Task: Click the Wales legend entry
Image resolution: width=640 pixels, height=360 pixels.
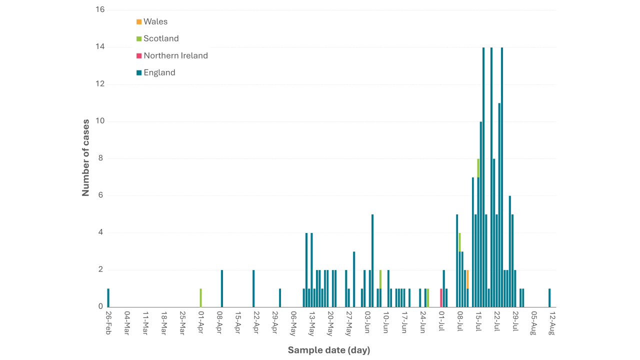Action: (152, 21)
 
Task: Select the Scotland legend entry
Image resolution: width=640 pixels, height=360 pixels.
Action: (157, 38)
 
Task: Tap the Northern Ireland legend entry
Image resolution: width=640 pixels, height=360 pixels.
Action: (172, 55)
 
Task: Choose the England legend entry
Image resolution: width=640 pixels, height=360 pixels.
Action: (156, 72)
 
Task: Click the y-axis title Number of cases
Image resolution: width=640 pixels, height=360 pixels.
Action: (85, 157)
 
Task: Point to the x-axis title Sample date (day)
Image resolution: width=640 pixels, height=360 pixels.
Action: (329, 350)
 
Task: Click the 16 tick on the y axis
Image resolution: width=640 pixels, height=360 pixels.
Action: (100, 9)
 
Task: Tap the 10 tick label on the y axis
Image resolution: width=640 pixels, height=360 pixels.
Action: (100, 121)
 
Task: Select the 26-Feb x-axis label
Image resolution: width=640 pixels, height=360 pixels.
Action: (108, 322)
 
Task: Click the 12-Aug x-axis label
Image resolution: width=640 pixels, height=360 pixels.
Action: (552, 323)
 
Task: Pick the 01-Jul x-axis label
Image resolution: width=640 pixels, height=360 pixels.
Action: (441, 321)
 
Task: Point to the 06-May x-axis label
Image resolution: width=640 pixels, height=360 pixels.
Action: (293, 323)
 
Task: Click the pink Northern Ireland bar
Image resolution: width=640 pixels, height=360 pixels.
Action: (441, 298)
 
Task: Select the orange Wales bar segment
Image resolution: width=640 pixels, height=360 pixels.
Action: (467, 279)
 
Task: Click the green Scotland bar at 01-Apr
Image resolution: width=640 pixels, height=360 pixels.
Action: (200, 298)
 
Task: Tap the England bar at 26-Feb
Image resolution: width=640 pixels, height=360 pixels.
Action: (108, 298)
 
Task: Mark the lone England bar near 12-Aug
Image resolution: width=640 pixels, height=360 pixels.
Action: (549, 298)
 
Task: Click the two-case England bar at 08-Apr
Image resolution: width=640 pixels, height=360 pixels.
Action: (221, 288)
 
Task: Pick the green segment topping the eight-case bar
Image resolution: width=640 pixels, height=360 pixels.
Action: (478, 168)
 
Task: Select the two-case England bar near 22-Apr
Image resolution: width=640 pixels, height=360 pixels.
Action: (253, 288)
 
